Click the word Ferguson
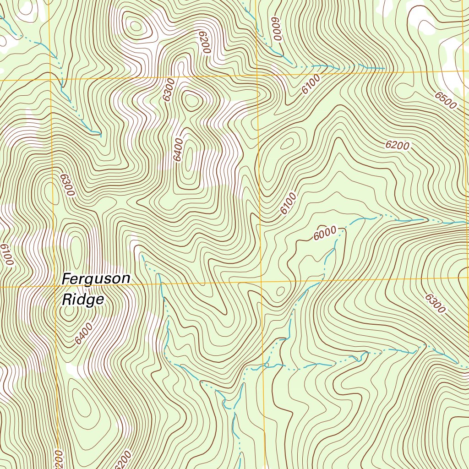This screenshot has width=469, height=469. click(x=96, y=279)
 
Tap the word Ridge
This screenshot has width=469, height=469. click(x=83, y=300)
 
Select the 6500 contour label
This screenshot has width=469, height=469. click(x=446, y=100)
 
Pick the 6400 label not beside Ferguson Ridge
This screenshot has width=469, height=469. click(x=179, y=149)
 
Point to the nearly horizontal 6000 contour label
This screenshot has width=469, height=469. click(x=325, y=233)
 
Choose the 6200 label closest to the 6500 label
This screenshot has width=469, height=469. click(x=397, y=146)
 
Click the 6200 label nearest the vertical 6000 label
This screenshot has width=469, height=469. click(x=204, y=43)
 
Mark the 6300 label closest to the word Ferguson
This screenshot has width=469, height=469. click(x=66, y=185)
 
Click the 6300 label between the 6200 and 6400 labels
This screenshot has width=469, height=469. click(x=169, y=90)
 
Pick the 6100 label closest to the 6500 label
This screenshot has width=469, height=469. click(x=311, y=85)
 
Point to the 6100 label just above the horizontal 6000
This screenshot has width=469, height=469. click(x=289, y=203)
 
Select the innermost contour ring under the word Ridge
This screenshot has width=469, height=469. click(x=69, y=311)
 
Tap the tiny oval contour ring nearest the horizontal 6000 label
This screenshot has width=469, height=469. click(x=280, y=290)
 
